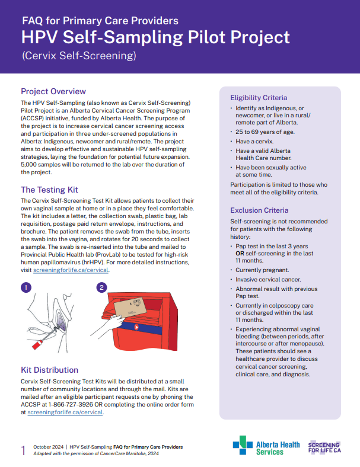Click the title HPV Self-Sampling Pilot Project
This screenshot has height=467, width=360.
(155, 38)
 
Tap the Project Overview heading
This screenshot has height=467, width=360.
(53, 91)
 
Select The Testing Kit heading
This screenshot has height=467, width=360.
(49, 190)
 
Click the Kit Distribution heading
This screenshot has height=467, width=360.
(49, 370)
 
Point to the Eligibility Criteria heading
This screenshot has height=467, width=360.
(259, 97)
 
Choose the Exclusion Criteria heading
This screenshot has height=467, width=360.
(259, 210)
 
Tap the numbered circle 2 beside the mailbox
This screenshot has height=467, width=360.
(101, 287)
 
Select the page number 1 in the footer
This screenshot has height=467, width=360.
(23, 450)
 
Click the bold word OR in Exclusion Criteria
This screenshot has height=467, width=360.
(241, 254)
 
